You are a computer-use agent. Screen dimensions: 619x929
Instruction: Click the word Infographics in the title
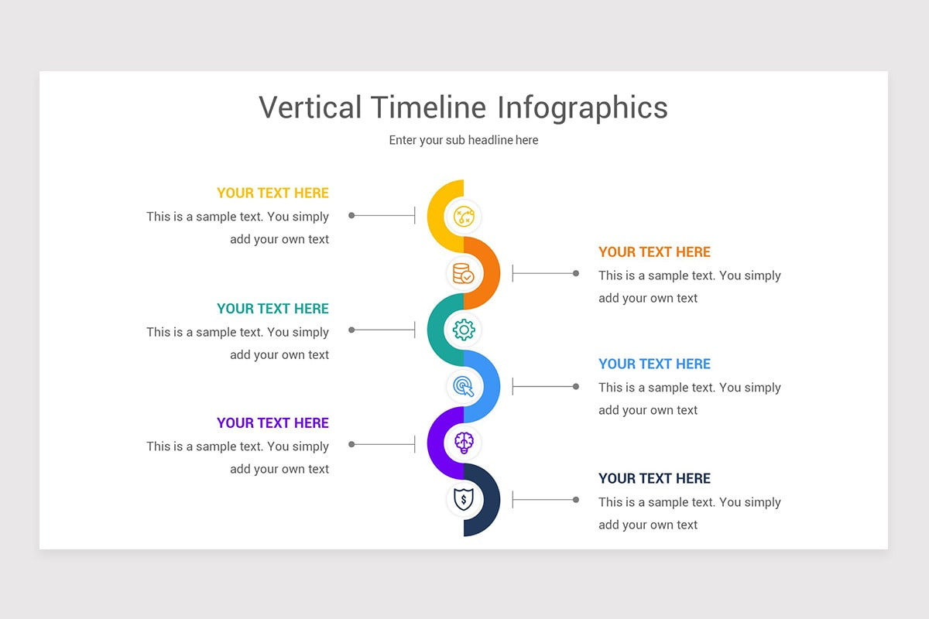point(582,108)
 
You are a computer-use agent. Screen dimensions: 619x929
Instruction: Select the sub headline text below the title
point(464,140)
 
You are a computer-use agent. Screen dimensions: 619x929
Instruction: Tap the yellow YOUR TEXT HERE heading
point(273,193)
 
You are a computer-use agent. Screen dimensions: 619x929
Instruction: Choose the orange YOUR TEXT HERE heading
point(654,252)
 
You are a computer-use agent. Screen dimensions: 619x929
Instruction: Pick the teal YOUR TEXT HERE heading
point(273,309)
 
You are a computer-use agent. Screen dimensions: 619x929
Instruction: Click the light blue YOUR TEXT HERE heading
point(654,364)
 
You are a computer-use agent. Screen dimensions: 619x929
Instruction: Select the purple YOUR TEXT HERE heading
point(273,423)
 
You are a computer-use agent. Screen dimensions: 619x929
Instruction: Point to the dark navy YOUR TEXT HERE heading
point(654,479)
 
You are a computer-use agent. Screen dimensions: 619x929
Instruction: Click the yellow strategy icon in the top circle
point(464,216)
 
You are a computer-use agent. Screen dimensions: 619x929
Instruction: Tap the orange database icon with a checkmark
point(464,273)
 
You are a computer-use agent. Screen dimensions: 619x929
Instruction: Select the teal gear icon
point(464,330)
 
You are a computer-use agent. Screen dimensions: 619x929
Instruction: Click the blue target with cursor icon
point(464,385)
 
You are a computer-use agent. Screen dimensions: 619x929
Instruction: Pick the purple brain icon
point(464,443)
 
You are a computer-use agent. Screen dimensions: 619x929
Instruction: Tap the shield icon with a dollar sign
point(464,500)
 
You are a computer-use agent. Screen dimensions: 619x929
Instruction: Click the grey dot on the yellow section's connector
point(351,215)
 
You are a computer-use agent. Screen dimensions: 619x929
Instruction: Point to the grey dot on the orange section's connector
point(576,273)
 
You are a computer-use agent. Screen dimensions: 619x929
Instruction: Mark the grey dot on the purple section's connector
point(351,444)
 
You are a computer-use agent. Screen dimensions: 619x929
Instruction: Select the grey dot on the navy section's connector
point(576,500)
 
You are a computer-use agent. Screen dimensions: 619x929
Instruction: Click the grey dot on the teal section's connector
point(351,330)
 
